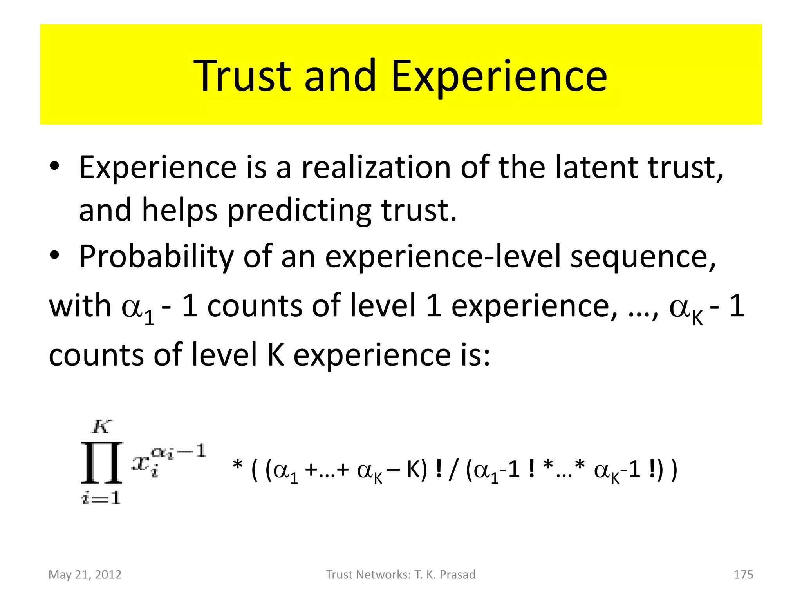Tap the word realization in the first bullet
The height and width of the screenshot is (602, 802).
376,167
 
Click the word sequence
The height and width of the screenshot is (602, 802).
643,257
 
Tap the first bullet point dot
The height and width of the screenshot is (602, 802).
54,166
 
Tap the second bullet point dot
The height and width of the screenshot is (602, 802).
54,255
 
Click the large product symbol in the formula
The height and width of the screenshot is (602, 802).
102,462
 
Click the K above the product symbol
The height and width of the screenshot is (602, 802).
101,426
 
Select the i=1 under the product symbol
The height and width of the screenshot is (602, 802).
101,498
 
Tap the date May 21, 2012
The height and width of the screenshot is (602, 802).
85,575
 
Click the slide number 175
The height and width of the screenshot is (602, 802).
743,575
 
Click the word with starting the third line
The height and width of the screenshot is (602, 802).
80,306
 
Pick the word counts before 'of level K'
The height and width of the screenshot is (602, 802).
96,355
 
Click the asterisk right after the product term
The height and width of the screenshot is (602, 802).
237,466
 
